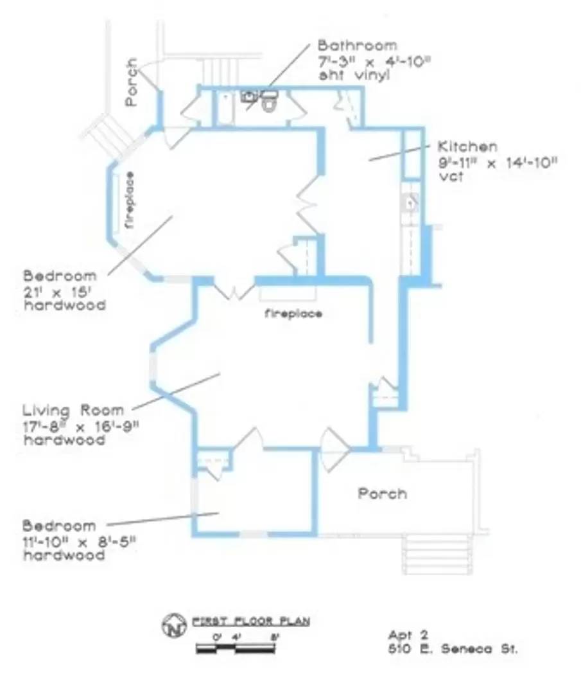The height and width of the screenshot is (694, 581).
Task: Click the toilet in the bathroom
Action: [x=269, y=102]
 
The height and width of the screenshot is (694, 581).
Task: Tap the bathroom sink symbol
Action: [x=249, y=97]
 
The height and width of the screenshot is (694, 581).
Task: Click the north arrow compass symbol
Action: [x=172, y=623]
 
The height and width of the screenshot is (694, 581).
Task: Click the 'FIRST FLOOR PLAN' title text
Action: [x=251, y=621]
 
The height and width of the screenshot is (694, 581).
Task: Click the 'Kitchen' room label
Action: [x=467, y=147]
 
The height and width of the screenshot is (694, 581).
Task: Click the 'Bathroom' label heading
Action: [x=357, y=46]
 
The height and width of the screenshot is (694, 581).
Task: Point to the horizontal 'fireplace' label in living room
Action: [x=293, y=314]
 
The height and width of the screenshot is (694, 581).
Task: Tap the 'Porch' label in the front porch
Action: [x=382, y=494]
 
